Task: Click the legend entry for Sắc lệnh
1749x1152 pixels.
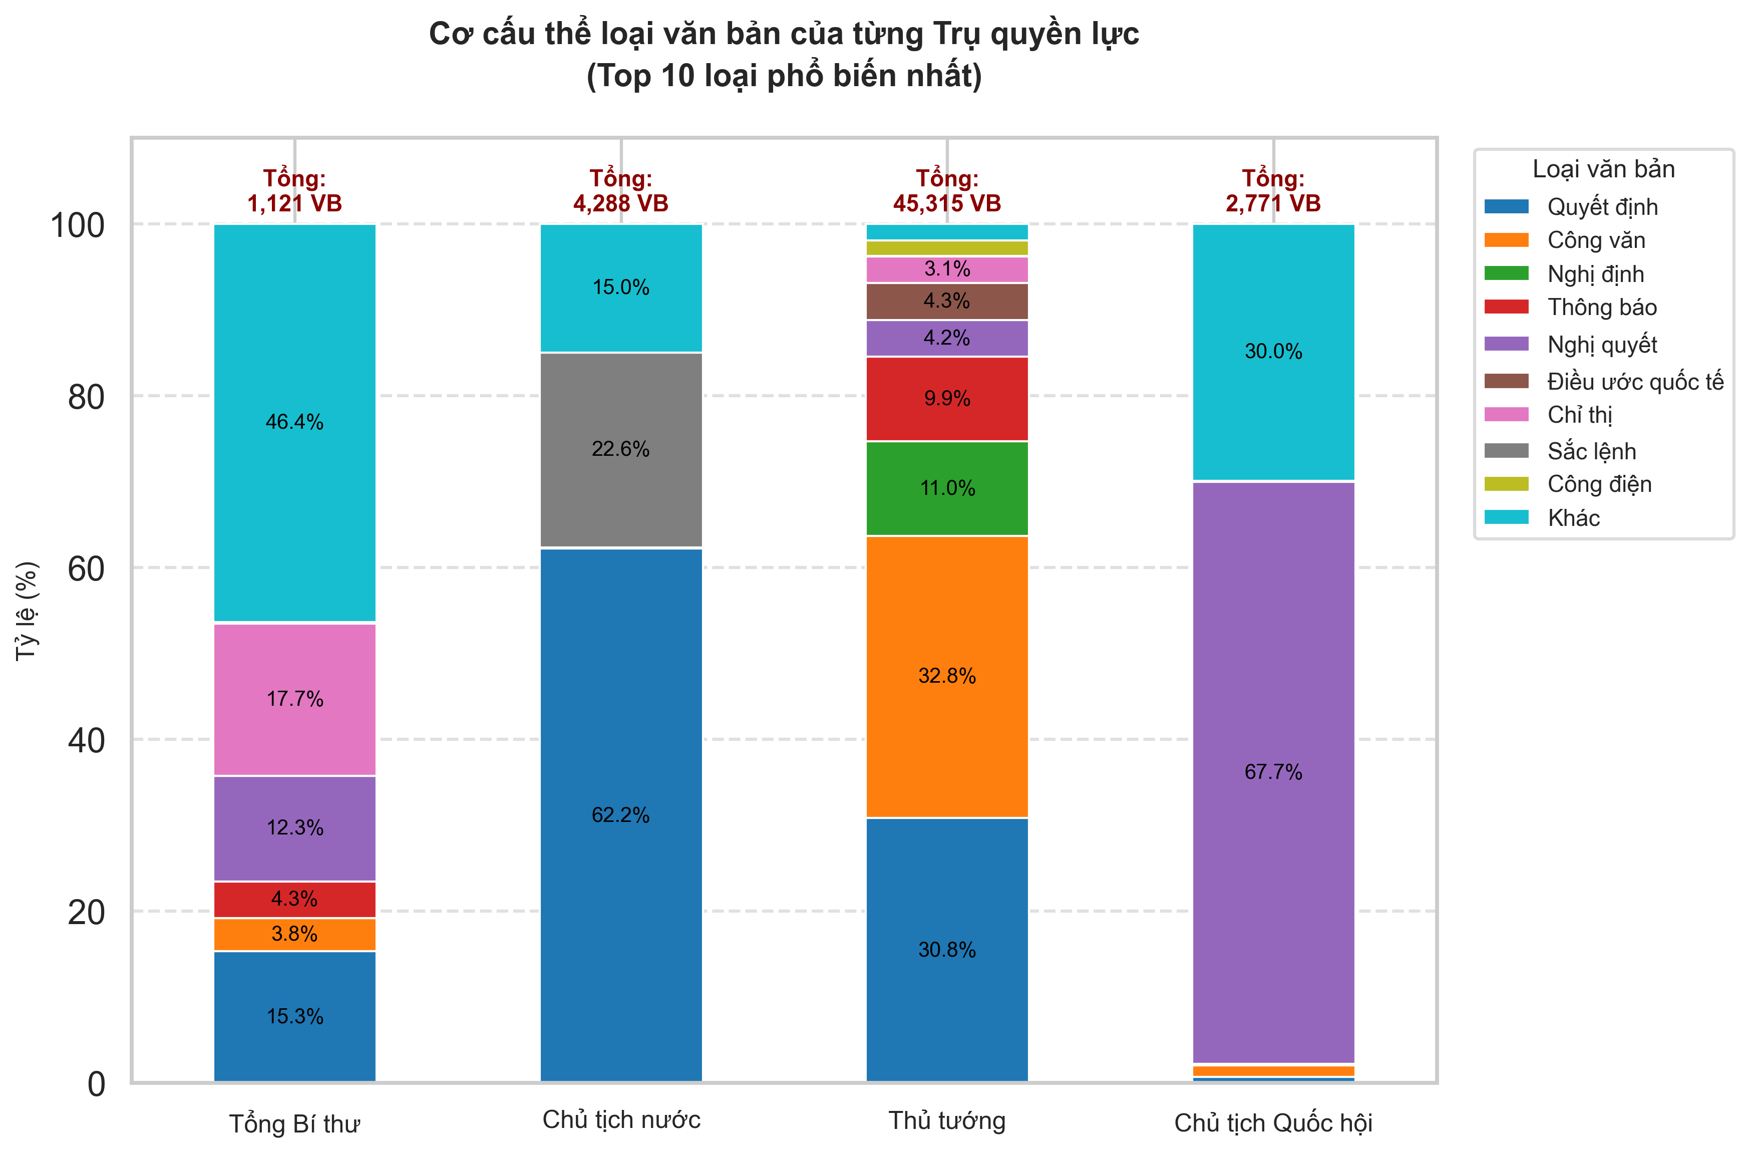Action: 1591,451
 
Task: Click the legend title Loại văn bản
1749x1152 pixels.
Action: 1603,169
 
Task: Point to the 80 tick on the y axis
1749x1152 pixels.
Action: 86,397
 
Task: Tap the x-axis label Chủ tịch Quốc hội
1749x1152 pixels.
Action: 1273,1122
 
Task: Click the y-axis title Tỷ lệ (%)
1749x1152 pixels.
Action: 27,610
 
